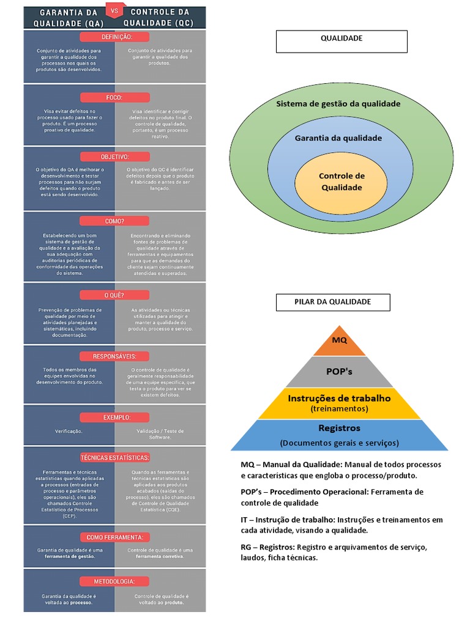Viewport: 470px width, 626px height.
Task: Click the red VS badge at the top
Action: [x=114, y=11]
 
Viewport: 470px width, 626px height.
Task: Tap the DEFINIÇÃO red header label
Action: [x=114, y=37]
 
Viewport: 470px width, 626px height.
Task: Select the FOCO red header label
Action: [x=114, y=97]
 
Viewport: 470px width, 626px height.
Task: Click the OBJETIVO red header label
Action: [x=114, y=156]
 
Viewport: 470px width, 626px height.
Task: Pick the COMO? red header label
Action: [x=114, y=221]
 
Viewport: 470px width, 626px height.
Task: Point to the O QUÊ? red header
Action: [x=114, y=295]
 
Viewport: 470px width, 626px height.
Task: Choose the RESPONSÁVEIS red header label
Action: [x=114, y=356]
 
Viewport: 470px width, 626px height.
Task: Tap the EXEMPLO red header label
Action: [x=114, y=417]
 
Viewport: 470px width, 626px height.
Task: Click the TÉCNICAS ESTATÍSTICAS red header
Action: [x=114, y=457]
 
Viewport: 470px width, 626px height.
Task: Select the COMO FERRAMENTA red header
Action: [x=114, y=537]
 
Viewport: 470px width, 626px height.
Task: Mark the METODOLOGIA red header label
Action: [x=114, y=581]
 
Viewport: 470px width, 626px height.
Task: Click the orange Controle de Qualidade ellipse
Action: [x=341, y=182]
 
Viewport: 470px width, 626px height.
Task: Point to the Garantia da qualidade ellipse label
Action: [x=338, y=138]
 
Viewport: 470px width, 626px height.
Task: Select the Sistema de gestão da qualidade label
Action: [x=338, y=104]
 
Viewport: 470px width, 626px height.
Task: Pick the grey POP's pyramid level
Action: [x=340, y=371]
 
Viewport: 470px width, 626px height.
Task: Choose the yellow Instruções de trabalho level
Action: [x=340, y=403]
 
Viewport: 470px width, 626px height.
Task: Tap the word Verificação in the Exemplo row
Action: [x=69, y=431]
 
